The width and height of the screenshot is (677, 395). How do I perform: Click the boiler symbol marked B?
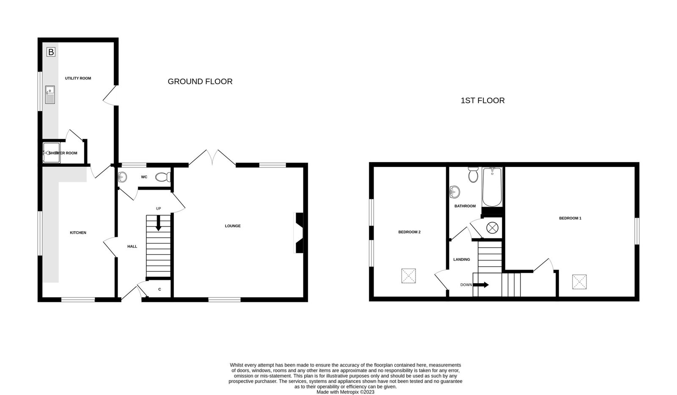pyautogui.click(x=51, y=52)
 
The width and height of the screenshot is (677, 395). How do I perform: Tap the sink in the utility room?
pyautogui.click(x=50, y=95)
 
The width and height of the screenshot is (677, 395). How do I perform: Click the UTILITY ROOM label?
pyautogui.click(x=78, y=78)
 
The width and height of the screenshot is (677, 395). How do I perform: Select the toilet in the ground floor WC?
pyautogui.click(x=163, y=177)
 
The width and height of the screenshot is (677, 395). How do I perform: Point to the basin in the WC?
pyautogui.click(x=122, y=177)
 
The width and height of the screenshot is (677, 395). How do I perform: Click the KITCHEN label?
pyautogui.click(x=78, y=232)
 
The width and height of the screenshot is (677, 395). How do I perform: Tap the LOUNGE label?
pyautogui.click(x=233, y=226)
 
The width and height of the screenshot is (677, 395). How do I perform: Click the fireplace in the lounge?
pyautogui.click(x=299, y=233)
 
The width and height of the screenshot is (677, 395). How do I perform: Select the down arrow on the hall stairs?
pyautogui.click(x=158, y=224)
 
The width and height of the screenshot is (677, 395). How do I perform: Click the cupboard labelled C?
pyautogui.click(x=160, y=289)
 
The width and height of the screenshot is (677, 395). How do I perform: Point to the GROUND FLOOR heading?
pyautogui.click(x=200, y=82)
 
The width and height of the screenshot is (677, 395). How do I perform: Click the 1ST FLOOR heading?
pyautogui.click(x=483, y=101)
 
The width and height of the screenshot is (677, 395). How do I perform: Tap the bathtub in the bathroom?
pyautogui.click(x=493, y=187)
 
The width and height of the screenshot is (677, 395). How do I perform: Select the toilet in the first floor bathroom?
pyautogui.click(x=473, y=174)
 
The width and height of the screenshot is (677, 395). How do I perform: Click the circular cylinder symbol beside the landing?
pyautogui.click(x=493, y=228)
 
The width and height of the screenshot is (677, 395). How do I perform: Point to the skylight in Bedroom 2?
pyautogui.click(x=409, y=276)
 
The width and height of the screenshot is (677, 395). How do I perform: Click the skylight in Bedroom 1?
pyautogui.click(x=579, y=282)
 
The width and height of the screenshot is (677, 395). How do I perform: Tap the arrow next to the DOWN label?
pyautogui.click(x=481, y=285)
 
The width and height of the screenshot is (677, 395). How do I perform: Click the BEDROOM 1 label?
pyautogui.click(x=570, y=218)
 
